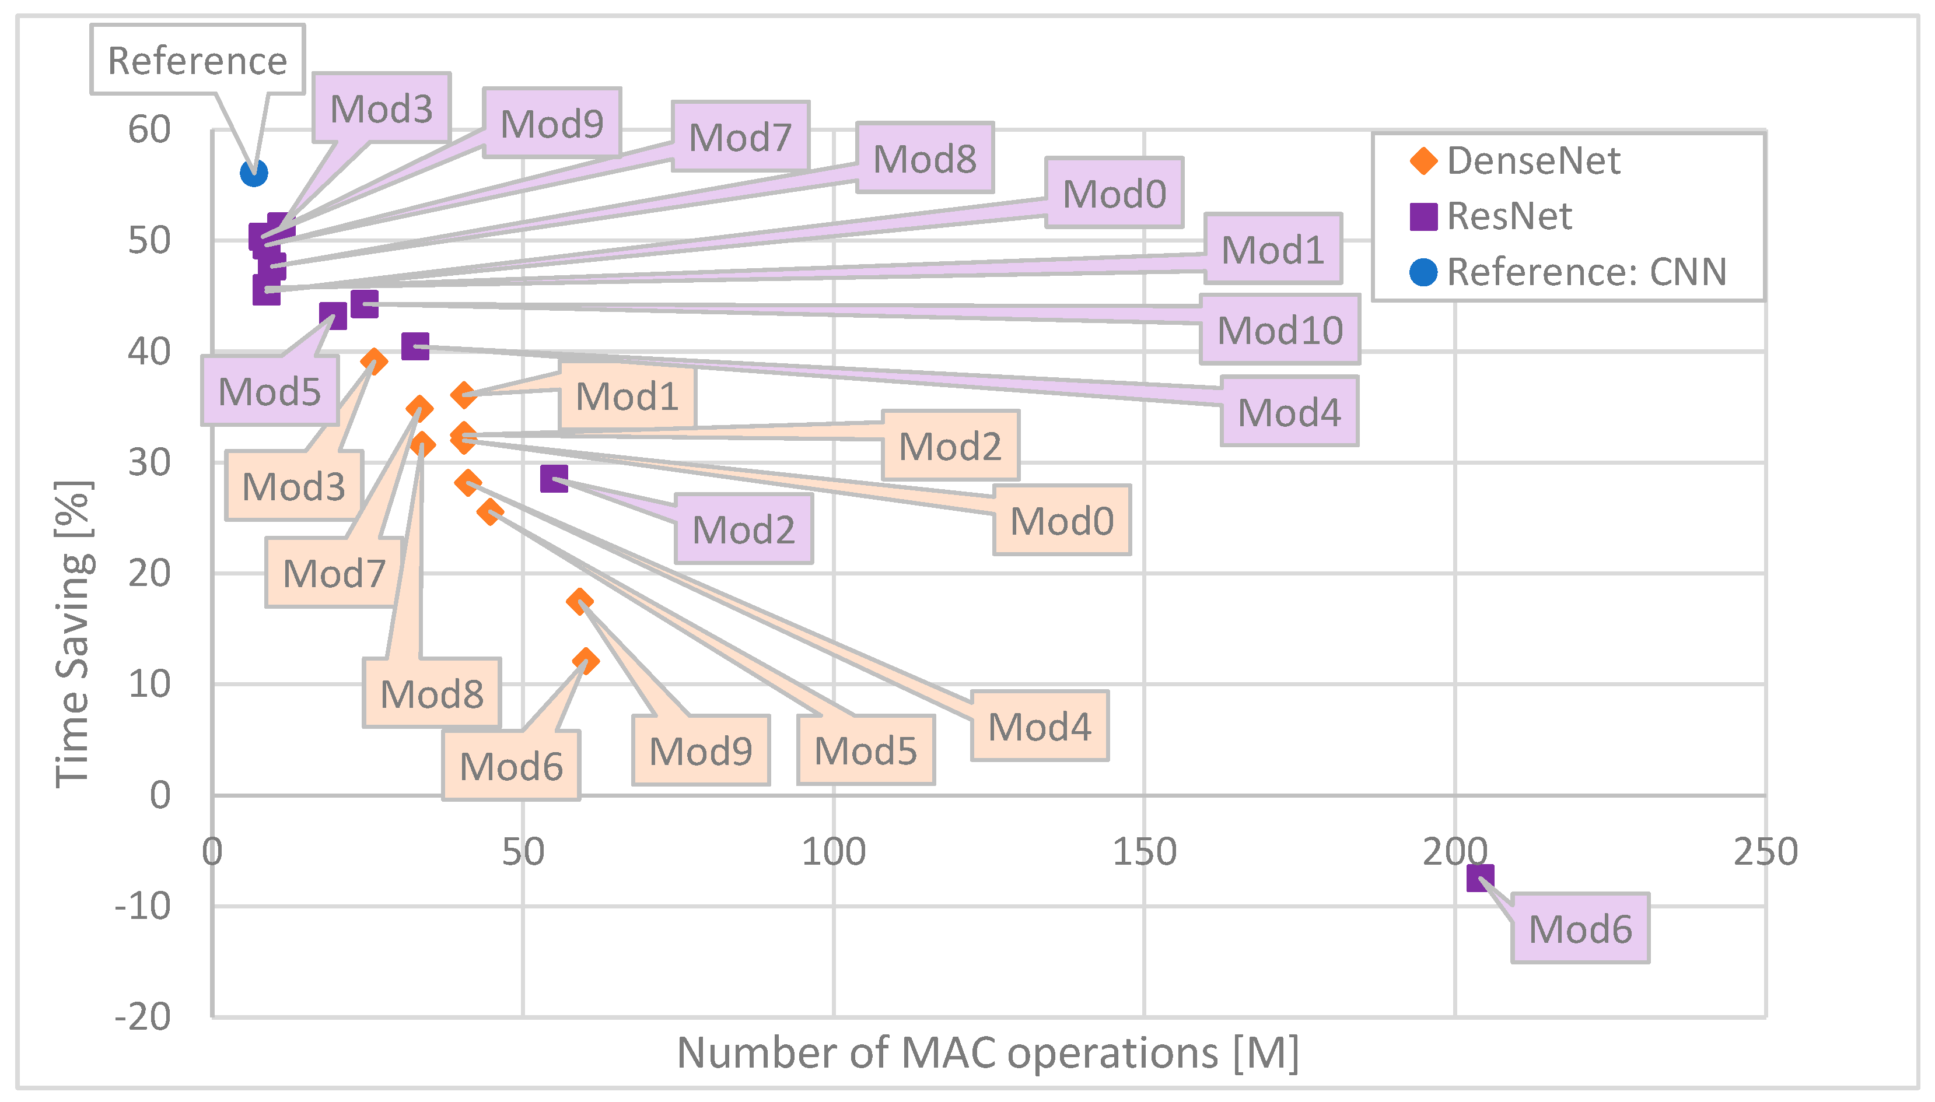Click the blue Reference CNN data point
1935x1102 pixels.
click(254, 173)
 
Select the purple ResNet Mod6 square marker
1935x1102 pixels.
click(1480, 879)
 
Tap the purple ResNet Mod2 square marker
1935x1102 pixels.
click(554, 478)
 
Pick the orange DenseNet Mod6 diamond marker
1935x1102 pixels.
click(585, 661)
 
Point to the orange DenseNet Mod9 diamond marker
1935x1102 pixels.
click(580, 602)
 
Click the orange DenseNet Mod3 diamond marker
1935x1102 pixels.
click(374, 360)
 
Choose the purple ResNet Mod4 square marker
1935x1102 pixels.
click(415, 347)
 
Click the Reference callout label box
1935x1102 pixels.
click(198, 60)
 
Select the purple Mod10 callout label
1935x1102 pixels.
click(1280, 329)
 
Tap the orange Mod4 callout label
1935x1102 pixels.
click(1040, 726)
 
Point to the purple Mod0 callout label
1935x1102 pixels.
click(1114, 193)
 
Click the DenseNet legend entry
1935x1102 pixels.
click(1514, 160)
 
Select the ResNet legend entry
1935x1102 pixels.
click(1492, 216)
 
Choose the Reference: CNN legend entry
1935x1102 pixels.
click(1567, 272)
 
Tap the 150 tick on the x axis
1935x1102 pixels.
click(1144, 852)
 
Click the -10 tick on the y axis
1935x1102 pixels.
click(143, 906)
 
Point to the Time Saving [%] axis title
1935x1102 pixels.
click(74, 634)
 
